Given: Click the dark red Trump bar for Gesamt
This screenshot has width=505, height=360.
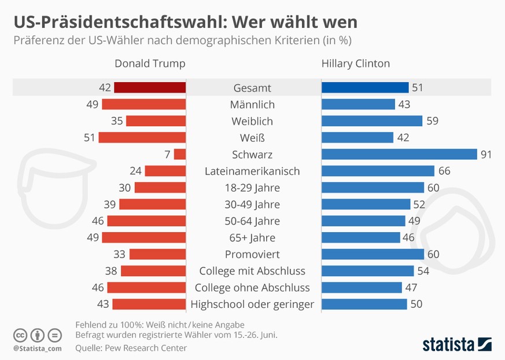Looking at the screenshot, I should point(150,87).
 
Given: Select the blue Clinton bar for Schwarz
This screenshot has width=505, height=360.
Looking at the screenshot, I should point(399,155).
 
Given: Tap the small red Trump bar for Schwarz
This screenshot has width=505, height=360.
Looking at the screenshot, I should point(179,155).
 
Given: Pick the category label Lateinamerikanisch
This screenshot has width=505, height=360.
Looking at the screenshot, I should point(253,171).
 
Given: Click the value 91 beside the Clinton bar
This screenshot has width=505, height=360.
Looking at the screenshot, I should point(487,155).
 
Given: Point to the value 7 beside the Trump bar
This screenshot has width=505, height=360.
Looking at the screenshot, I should point(167,155).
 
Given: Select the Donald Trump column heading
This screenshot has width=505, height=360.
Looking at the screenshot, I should point(150,64).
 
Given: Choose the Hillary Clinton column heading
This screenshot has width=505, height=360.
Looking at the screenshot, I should point(356,64).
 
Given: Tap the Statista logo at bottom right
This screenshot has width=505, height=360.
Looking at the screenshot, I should point(456,343).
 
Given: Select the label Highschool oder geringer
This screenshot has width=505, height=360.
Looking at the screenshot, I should point(252,304).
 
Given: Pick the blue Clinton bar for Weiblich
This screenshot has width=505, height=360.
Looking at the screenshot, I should point(372,121).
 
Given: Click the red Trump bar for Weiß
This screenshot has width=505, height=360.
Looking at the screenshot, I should point(142,138).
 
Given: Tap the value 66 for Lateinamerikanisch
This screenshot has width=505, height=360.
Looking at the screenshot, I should point(444,171).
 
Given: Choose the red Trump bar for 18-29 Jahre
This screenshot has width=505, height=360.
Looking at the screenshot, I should point(160,188).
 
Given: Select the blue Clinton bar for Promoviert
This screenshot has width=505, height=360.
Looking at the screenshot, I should point(373,254).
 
